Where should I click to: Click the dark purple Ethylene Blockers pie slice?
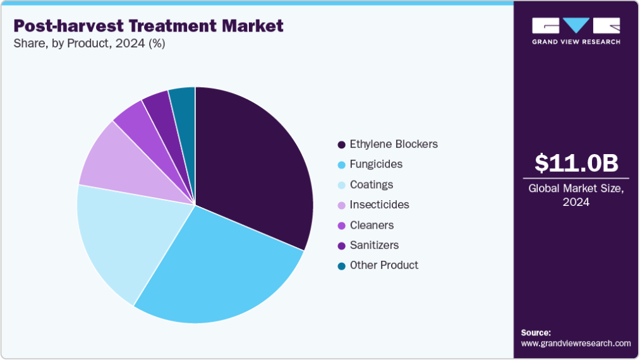(253, 164)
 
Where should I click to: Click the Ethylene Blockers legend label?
(393, 144)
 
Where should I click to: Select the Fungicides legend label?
(376, 164)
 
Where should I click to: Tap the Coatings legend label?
(371, 184)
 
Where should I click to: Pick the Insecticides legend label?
(379, 205)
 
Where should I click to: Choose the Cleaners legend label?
(371, 225)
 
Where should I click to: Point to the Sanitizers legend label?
(374, 245)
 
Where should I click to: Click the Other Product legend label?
(383, 265)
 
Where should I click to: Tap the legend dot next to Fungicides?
(342, 165)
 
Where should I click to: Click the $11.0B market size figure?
(576, 163)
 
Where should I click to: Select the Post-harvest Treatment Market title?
(148, 26)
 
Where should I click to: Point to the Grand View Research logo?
(576, 30)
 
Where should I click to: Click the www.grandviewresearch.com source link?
(576, 344)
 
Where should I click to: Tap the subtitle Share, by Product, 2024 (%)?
(89, 44)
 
